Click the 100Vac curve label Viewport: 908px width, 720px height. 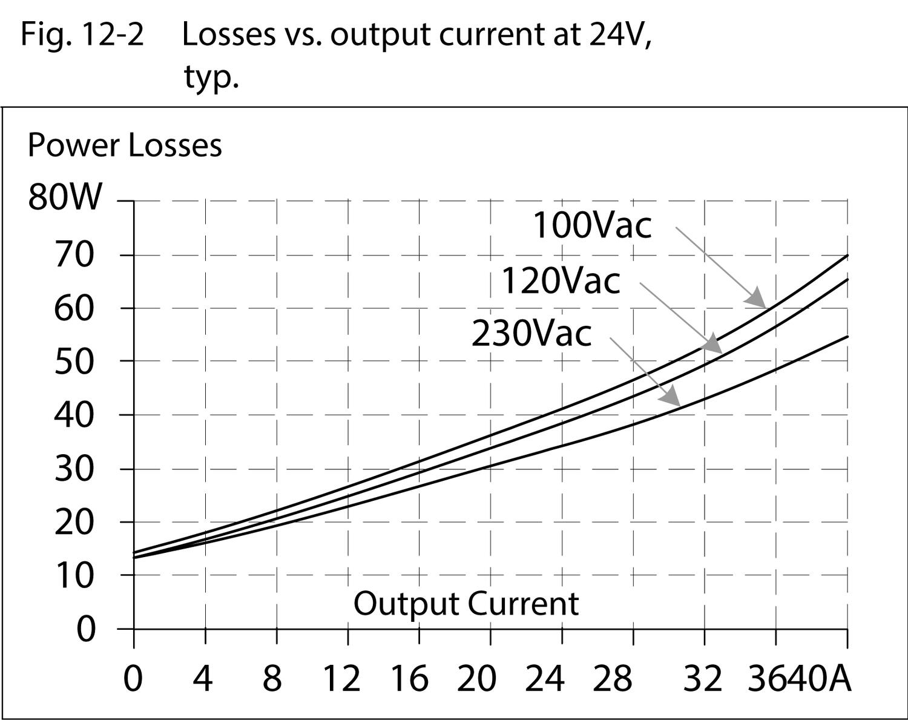tap(591, 225)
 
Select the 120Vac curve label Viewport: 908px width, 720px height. tap(561, 281)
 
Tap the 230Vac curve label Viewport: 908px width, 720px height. tap(531, 334)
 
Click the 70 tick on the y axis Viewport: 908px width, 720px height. tap(74, 255)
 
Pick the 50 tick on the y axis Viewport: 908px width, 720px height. tap(74, 362)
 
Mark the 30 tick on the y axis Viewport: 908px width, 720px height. tap(74, 469)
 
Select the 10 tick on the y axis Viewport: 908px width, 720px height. tap(74, 575)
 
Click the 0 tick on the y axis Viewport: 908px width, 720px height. tap(86, 629)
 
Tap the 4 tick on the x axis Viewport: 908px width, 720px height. tap(203, 678)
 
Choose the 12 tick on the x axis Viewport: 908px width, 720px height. tap(341, 678)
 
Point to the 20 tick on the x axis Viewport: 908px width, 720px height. tap(476, 678)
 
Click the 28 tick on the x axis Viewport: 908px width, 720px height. tap(612, 678)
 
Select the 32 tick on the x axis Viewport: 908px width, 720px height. tap(703, 678)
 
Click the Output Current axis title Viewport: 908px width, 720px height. tap(466, 604)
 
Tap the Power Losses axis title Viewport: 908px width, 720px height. tap(125, 146)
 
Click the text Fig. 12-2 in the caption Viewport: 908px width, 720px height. tap(82, 35)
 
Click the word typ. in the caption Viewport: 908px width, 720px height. tap(211, 78)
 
